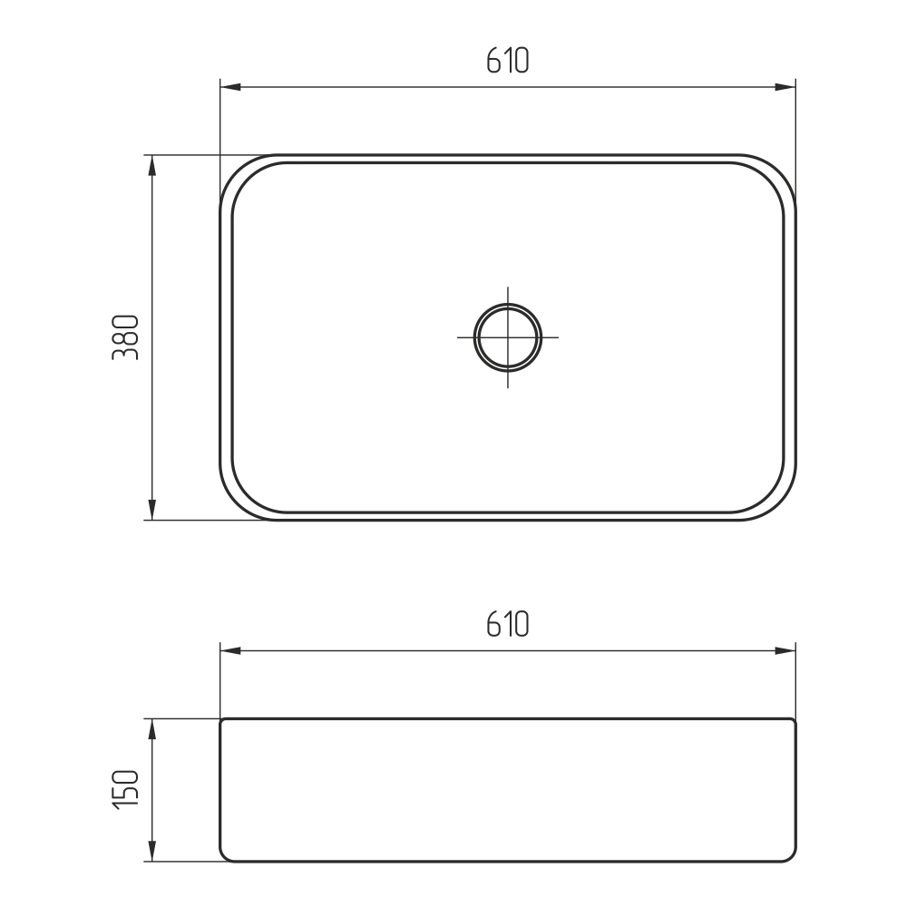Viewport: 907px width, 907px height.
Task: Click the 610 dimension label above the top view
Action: click(x=507, y=60)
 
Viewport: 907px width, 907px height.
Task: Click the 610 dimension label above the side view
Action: click(x=507, y=624)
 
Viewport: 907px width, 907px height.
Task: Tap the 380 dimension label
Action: click(x=125, y=337)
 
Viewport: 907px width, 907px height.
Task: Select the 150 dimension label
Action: click(x=125, y=790)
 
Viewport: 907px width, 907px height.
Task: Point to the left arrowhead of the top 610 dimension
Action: click(x=230, y=87)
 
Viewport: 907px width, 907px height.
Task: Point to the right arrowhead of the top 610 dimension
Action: click(x=785, y=87)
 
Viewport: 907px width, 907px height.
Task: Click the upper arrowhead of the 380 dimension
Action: click(x=152, y=165)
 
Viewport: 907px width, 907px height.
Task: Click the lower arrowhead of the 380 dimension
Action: click(x=152, y=510)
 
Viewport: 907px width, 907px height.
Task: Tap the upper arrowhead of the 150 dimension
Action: click(x=152, y=729)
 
